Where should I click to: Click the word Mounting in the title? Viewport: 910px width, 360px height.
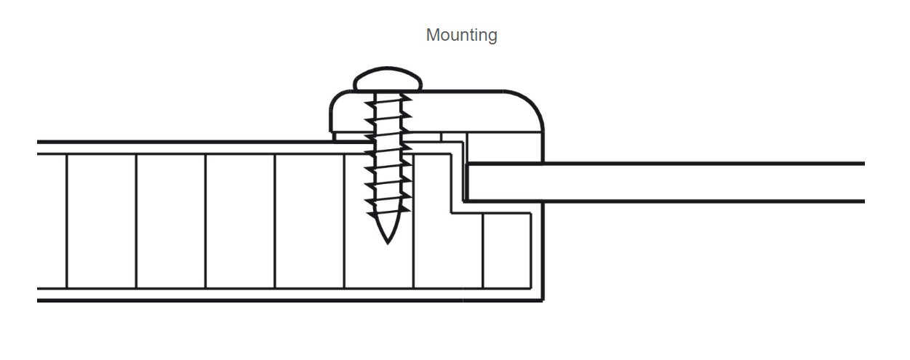(461, 35)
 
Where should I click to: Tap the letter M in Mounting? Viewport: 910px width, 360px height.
(432, 35)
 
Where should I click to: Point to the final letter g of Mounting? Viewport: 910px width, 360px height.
(492, 36)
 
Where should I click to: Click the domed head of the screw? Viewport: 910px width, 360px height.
(388, 79)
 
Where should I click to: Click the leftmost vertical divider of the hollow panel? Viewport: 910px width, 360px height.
(67, 221)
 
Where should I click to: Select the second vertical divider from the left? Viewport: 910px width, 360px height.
(137, 221)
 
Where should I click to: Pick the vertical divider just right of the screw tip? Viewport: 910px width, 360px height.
(414, 247)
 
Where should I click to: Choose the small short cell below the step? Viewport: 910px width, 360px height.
(506, 251)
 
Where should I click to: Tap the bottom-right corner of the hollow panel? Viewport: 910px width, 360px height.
(542, 299)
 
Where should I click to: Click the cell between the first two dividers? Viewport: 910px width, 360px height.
(102, 221)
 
